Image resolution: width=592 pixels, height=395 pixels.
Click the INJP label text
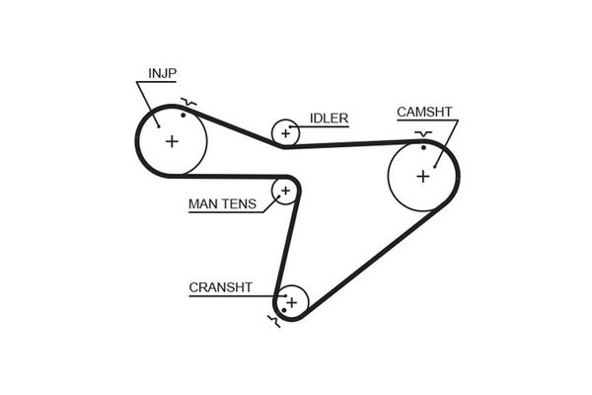[x=163, y=73]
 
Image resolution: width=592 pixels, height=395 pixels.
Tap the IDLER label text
[x=329, y=118]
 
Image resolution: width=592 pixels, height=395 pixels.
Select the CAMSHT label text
[x=424, y=112]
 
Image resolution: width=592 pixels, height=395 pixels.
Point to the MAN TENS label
[x=222, y=205]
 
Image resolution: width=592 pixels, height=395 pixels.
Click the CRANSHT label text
[x=220, y=287]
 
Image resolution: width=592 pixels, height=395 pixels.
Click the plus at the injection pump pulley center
[x=172, y=141]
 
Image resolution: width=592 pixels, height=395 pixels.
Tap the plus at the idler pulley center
[x=286, y=131]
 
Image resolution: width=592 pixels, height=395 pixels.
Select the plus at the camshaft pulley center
[x=423, y=176]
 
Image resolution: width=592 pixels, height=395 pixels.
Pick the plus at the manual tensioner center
[x=284, y=190]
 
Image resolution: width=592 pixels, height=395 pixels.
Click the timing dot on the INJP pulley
[x=184, y=116]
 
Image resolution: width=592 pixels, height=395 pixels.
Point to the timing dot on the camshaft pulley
[x=423, y=147]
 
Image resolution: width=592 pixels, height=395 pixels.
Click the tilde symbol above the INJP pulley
[x=188, y=102]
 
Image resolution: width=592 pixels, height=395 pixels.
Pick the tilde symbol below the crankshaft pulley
[x=273, y=319]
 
